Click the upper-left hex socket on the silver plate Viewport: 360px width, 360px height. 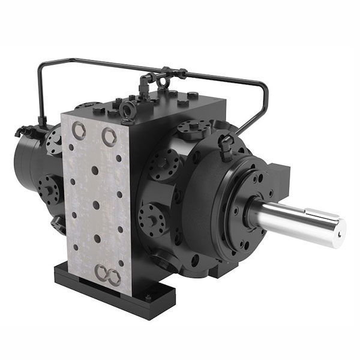point(79,130)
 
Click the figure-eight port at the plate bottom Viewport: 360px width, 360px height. point(107,275)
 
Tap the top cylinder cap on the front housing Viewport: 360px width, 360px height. point(194,129)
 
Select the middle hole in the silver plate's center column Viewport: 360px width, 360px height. point(96,205)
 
